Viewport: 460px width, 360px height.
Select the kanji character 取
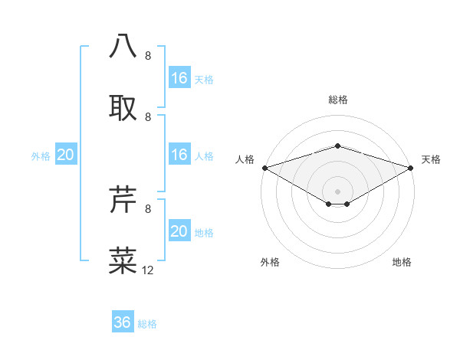click(x=123, y=106)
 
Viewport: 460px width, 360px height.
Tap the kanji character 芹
click(x=123, y=198)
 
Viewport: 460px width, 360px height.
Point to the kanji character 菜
click(x=123, y=260)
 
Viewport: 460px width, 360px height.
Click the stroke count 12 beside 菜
click(x=148, y=270)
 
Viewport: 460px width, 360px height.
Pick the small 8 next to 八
click(x=147, y=56)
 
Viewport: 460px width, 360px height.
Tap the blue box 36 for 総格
click(x=123, y=322)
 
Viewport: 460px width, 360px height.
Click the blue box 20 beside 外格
click(x=66, y=155)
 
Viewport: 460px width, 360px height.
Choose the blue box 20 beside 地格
click(x=179, y=231)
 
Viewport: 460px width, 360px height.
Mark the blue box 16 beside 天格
click(x=179, y=78)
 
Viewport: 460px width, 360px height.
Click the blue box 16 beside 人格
click(x=179, y=155)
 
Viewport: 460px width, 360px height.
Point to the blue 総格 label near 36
click(x=147, y=324)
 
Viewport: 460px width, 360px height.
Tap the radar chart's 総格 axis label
click(x=337, y=100)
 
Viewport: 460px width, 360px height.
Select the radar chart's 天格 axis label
click(x=431, y=159)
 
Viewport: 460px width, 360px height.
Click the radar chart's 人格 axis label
click(x=245, y=159)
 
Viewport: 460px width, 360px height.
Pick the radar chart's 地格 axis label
click(x=402, y=262)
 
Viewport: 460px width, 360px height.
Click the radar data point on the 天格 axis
click(x=411, y=167)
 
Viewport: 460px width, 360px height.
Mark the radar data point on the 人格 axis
click(x=264, y=167)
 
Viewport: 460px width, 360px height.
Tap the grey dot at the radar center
click(x=337, y=191)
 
